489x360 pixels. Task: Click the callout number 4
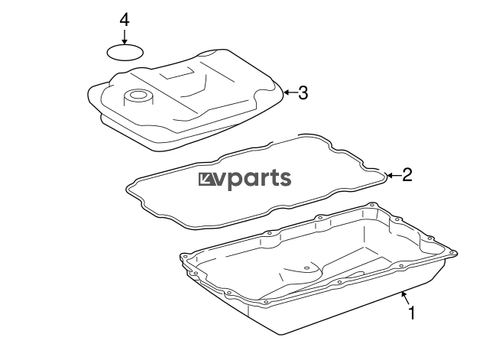point(125,19)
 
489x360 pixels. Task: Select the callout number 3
point(303,93)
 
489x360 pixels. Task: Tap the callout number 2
point(407,175)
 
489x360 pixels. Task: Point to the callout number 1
point(413,313)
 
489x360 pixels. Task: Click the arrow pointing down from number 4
point(125,36)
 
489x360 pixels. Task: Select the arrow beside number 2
point(393,176)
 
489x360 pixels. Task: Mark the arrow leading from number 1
point(405,298)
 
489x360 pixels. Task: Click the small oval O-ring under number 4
point(125,52)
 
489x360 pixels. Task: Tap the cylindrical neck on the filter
point(138,96)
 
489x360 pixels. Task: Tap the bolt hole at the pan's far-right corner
point(454,251)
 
